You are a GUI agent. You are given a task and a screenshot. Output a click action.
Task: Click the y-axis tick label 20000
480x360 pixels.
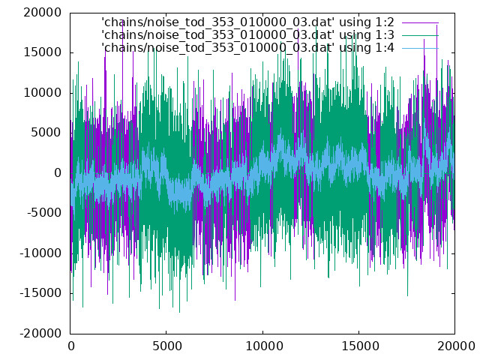tap(43, 13)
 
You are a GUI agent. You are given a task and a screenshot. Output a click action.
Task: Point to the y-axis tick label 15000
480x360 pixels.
tap(43, 52)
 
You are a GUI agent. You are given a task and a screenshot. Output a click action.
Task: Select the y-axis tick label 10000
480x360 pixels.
tap(43, 93)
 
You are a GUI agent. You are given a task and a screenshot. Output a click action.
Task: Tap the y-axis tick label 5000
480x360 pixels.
tap(46, 133)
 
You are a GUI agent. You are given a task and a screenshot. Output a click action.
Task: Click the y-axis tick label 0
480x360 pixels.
tap(58, 173)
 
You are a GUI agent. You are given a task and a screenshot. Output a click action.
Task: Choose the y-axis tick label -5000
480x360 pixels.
tap(44, 213)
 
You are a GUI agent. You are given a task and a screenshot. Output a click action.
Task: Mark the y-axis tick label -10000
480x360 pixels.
tap(40, 253)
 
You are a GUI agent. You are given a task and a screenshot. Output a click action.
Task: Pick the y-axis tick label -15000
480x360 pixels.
tap(40, 293)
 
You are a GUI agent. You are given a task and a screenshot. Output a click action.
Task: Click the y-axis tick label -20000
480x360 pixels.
tap(40, 333)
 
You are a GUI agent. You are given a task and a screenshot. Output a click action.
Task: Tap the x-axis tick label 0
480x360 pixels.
tap(71, 346)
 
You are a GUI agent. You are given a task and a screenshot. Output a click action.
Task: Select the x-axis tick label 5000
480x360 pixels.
tap(166, 346)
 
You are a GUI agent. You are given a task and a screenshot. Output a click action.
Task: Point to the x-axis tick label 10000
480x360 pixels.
tap(263, 346)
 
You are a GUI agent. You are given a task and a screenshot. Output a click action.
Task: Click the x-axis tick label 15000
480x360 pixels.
tap(359, 346)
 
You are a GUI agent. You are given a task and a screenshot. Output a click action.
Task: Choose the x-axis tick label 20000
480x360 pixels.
tap(456, 346)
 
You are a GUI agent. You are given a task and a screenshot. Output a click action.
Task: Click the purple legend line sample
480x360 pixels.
tap(420, 22)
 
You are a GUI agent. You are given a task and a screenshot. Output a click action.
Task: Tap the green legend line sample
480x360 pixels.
tap(420, 35)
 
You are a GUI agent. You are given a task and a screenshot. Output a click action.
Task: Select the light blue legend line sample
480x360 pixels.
tap(420, 48)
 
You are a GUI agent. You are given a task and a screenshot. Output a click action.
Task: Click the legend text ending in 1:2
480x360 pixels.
tap(247, 22)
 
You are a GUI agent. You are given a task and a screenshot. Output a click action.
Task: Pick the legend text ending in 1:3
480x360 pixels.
tap(247, 35)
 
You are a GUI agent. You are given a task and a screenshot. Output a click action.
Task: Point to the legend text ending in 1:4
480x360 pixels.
tap(247, 48)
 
